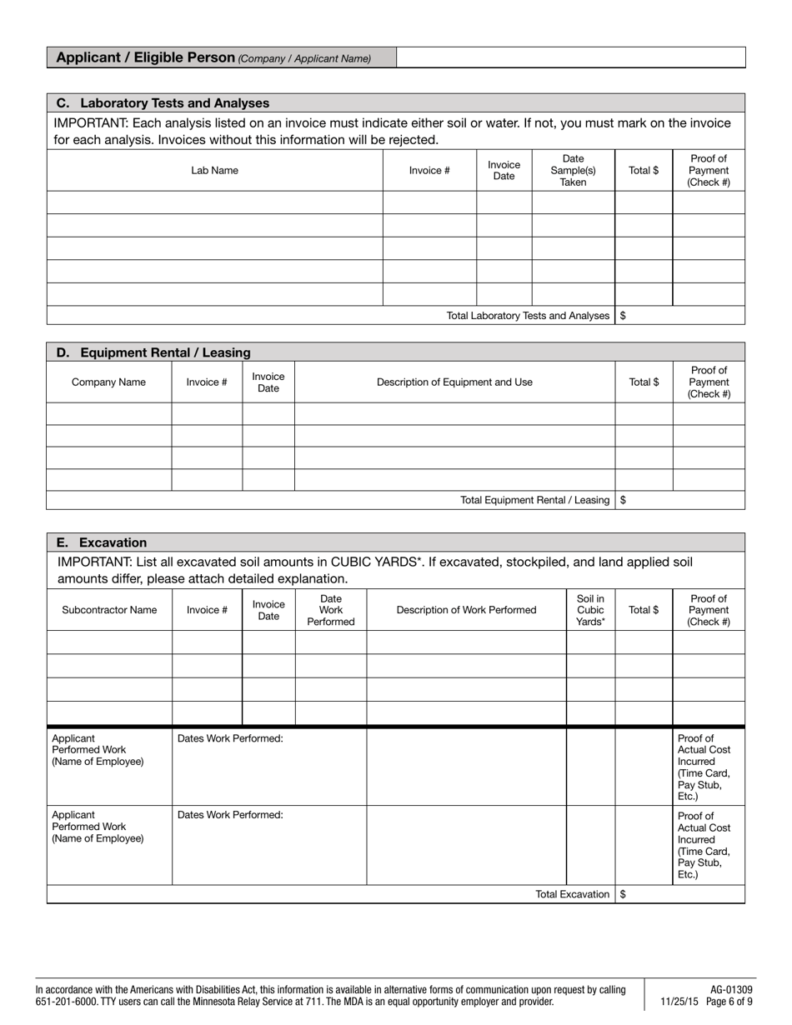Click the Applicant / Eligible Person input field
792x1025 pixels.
(x=570, y=57)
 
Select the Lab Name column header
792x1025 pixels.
(x=214, y=170)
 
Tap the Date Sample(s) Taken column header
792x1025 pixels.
(x=573, y=170)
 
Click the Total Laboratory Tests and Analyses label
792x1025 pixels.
(x=528, y=316)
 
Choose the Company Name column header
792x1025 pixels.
(x=108, y=382)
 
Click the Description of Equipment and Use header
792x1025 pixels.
(x=454, y=382)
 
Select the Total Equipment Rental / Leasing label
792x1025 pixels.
(x=534, y=500)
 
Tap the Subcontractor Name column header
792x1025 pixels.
(x=109, y=610)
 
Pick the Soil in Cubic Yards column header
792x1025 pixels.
(x=590, y=610)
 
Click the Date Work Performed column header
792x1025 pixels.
(x=331, y=610)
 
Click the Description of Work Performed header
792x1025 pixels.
(x=466, y=610)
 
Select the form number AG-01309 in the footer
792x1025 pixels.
(x=731, y=990)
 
